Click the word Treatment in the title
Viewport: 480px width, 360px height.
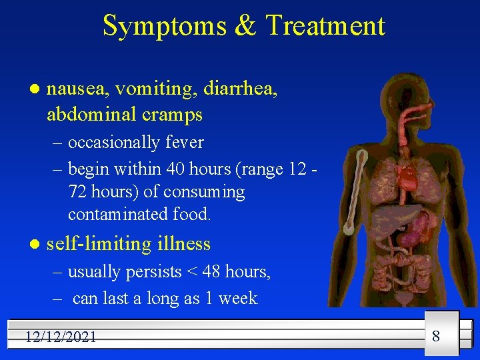[325, 26]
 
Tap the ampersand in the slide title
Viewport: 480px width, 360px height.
[245, 26]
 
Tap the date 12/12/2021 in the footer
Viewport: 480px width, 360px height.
[61, 337]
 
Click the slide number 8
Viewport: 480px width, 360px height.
[436, 335]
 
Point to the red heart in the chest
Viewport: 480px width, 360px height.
[405, 177]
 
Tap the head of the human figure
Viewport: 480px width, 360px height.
[400, 100]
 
